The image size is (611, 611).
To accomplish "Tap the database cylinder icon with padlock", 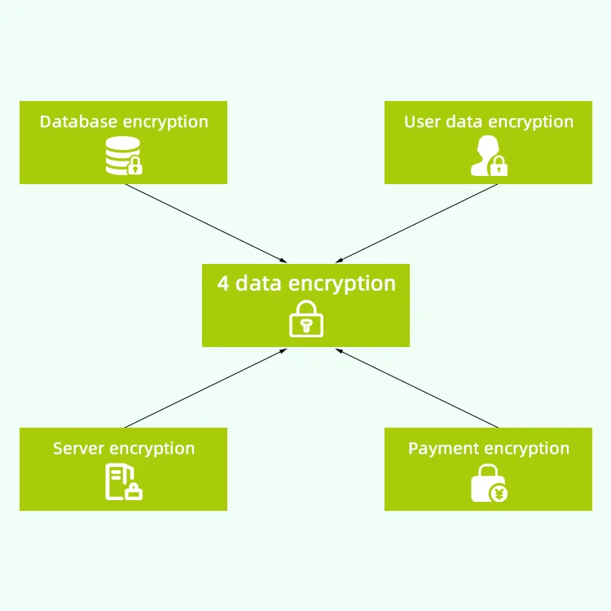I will tap(123, 157).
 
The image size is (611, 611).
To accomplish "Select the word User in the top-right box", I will tap(422, 122).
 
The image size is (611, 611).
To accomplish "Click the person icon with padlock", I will tap(488, 157).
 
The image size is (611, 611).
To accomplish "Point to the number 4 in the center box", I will tap(223, 284).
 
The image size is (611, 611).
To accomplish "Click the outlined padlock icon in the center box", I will tap(306, 319).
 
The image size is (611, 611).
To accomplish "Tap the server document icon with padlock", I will tap(123, 482).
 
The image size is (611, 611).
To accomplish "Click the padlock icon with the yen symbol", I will tap(489, 483).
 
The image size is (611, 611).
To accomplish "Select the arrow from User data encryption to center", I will tap(415, 222).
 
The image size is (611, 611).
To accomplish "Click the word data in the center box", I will tap(259, 284).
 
